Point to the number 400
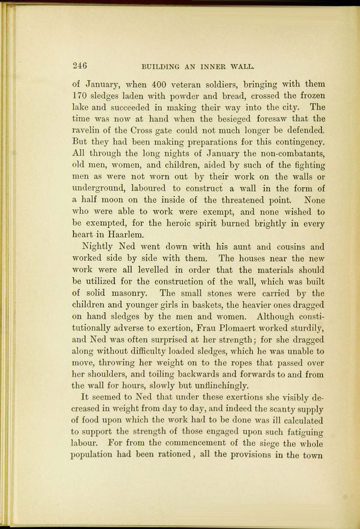[160, 84]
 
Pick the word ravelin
[85, 131]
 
